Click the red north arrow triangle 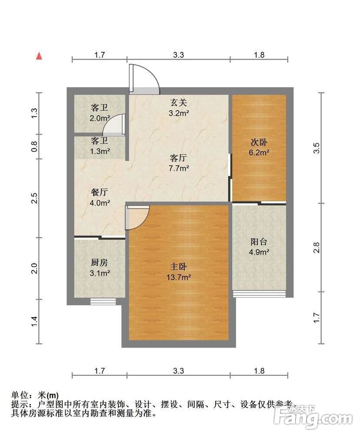pyautogui.click(x=39, y=56)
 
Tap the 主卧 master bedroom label pyautogui.click(x=178, y=267)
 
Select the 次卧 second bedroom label pyautogui.click(x=259, y=142)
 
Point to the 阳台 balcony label pyautogui.click(x=259, y=242)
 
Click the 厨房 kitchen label pyautogui.click(x=99, y=262)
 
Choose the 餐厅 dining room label pyautogui.click(x=99, y=192)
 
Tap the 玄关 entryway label pyautogui.click(x=179, y=103)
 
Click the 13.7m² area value pyautogui.click(x=179, y=277)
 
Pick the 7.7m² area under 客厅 pyautogui.click(x=179, y=168)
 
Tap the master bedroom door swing pyautogui.click(x=137, y=217)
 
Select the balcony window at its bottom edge pyautogui.click(x=259, y=294)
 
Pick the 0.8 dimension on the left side pyautogui.click(x=34, y=147)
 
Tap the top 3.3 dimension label pyautogui.click(x=179, y=55)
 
